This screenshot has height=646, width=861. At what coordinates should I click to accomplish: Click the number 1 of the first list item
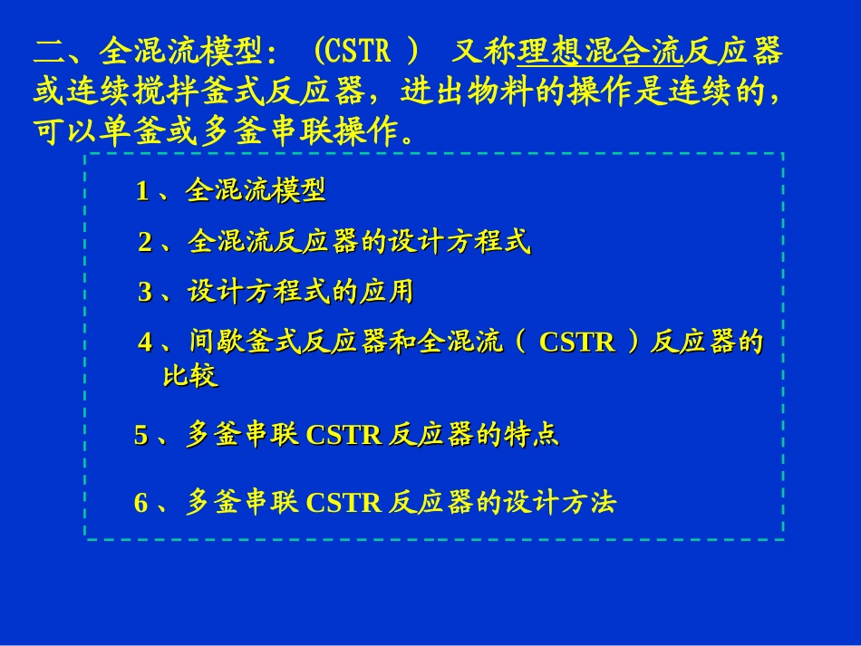point(142,191)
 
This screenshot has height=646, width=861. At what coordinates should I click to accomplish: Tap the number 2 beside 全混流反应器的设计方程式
point(145,243)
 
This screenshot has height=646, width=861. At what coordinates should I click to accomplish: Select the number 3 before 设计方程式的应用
point(145,292)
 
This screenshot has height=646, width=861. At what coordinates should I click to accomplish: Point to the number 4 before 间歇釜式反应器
point(145,342)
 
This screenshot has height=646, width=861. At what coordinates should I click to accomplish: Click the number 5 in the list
point(141,436)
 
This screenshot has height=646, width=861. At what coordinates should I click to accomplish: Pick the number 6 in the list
point(141,503)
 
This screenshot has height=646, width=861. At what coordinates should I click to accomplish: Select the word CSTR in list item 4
point(576,342)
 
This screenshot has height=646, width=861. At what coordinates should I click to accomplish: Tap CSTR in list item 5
point(344,436)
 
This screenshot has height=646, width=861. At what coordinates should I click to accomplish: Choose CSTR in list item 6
point(344,503)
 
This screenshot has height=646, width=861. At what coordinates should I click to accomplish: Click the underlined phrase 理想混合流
point(600,53)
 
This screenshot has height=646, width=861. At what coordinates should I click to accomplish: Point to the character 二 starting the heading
point(47,53)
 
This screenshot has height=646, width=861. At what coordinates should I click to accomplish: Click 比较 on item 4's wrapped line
point(190,376)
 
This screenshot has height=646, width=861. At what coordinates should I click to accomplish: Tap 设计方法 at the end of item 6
point(560,503)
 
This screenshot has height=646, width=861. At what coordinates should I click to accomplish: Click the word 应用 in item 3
point(386,292)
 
